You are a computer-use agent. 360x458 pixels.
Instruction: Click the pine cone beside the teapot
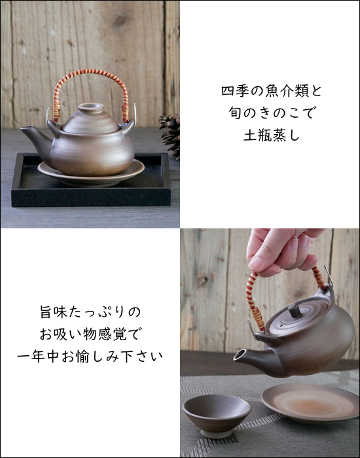171,135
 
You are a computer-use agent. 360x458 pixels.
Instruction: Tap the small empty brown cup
216,415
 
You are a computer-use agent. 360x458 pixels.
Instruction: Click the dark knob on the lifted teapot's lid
295,311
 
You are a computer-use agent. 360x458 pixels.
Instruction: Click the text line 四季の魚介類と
272,91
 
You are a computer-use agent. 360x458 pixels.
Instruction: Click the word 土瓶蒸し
272,135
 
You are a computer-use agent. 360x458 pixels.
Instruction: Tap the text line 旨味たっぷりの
90,311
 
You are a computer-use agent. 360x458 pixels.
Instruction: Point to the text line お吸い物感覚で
90,334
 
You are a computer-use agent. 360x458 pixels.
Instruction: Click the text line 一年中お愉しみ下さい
90,356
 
